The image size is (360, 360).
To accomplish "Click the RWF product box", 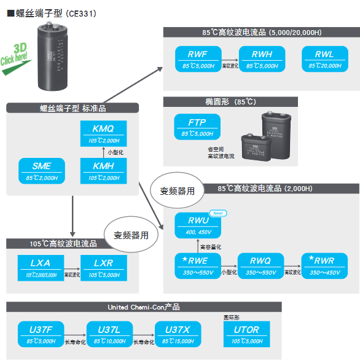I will pos(197,58).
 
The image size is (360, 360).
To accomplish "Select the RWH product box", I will pos(262,58).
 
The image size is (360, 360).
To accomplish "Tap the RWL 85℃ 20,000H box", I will pos(324,58).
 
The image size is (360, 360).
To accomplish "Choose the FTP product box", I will pos(197,127).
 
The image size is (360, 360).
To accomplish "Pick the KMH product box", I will pos(103,170).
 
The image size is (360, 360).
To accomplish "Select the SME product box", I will pos(42,170).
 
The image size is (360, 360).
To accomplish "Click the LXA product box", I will pos(42,267).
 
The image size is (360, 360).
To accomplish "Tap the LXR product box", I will pos(103,267).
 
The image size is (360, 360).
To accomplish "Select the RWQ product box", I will pos(262,265).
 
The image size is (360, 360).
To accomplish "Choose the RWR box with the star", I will pos(324,265).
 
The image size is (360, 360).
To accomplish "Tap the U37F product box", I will pos(42,335).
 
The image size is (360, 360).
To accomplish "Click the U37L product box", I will pos(110,335).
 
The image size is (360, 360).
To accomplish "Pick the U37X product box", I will pos(178,335).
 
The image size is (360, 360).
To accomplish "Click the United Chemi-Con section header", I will pos(144,307).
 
